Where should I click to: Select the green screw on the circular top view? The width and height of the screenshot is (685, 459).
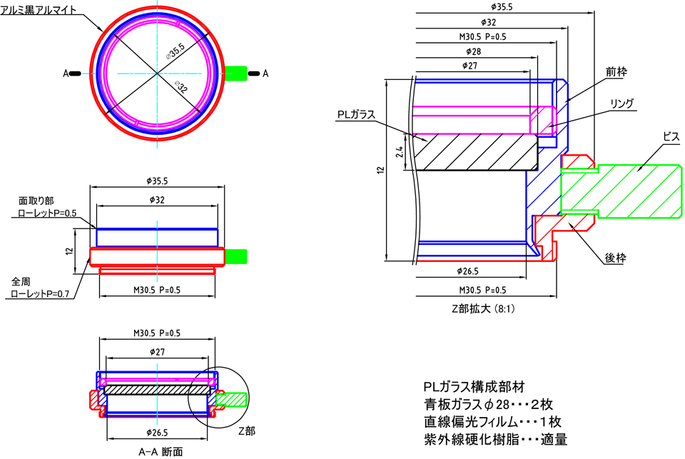[x=235, y=72]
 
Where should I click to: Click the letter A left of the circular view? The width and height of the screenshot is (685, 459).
[x=65, y=73]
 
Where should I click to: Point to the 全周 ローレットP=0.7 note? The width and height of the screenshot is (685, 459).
[x=40, y=288]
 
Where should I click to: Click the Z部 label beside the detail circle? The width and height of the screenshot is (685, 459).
[x=245, y=431]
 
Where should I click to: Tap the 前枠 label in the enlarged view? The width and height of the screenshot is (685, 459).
[x=615, y=71]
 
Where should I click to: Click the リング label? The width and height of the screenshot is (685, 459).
[x=622, y=104]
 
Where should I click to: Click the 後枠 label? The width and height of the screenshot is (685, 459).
[x=615, y=258]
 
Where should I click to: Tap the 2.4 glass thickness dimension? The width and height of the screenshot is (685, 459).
[x=400, y=151]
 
